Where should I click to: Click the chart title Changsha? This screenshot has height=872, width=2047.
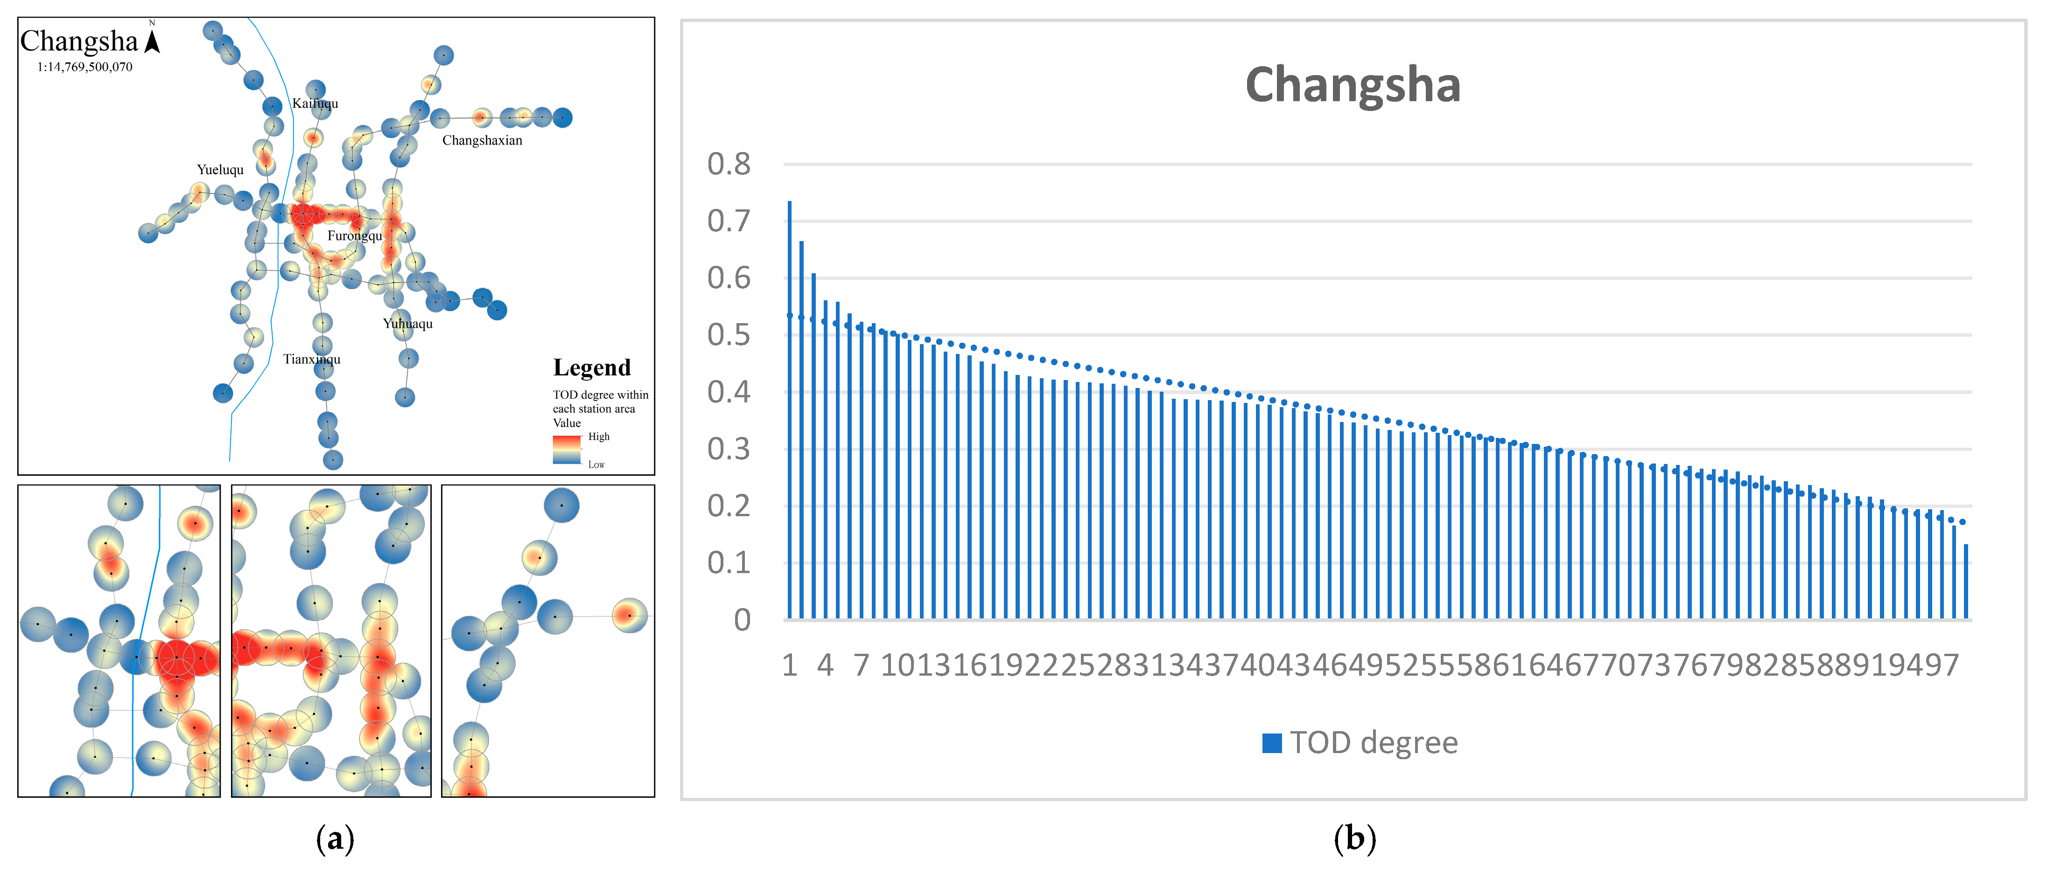1353,85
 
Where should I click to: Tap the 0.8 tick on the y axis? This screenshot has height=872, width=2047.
729,165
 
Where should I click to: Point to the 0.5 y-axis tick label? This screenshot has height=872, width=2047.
729,335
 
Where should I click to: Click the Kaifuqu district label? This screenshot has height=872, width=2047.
315,103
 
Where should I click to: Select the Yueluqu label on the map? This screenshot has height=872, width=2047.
220,169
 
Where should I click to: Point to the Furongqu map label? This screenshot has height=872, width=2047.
354,236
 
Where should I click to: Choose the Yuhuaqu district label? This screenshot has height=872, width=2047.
407,323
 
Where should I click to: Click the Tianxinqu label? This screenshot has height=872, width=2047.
311,359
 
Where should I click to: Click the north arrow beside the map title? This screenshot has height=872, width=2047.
153,40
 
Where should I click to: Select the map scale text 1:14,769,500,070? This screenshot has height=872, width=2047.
85,67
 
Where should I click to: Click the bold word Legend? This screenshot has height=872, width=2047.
592,368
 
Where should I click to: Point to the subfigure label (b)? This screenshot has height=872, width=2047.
1354,838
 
